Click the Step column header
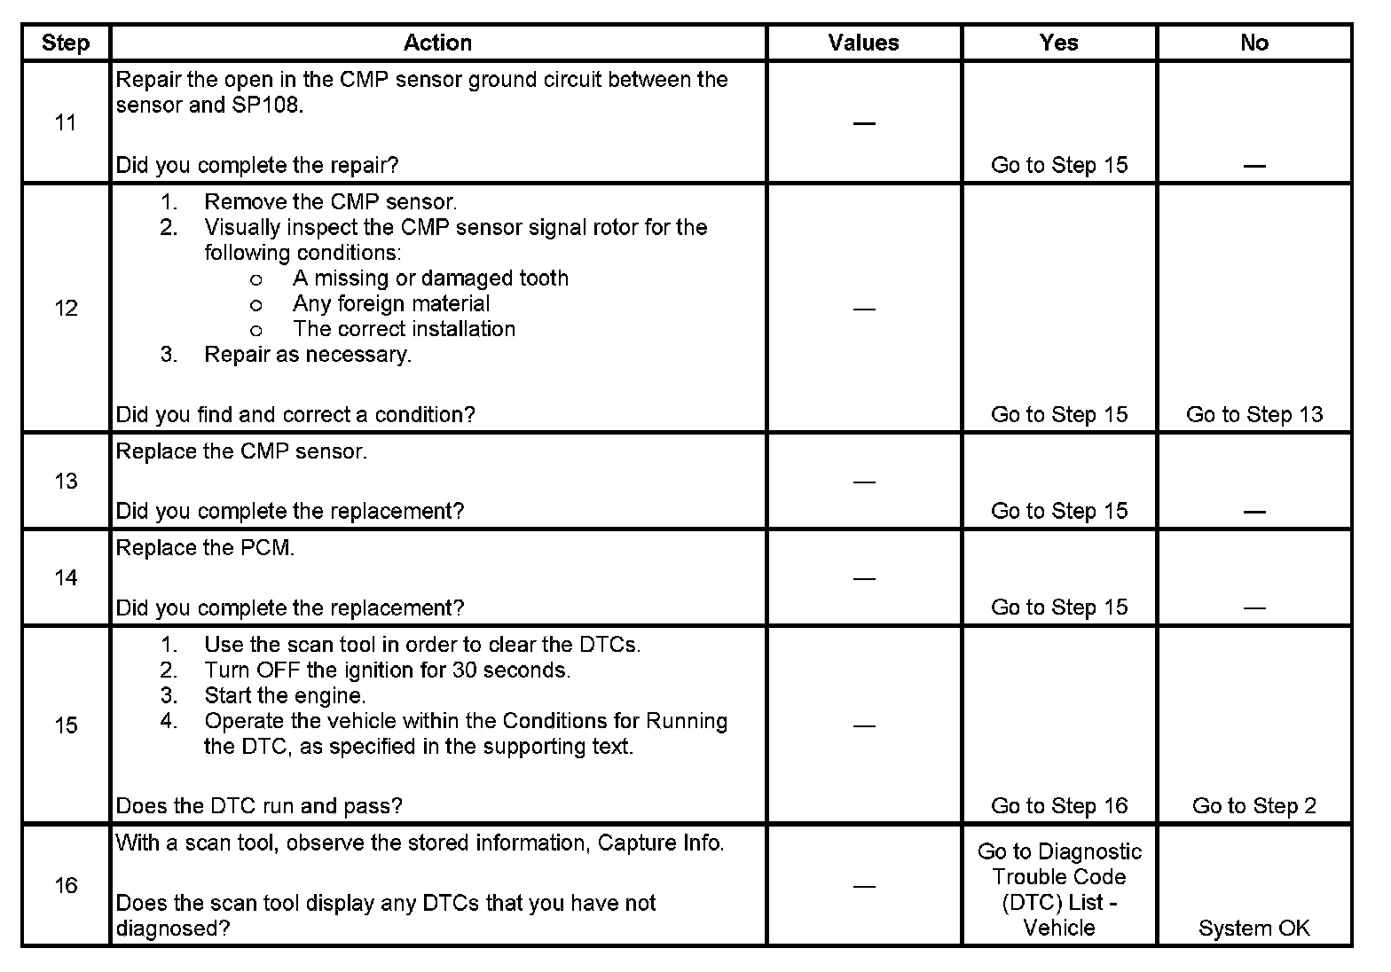tap(66, 43)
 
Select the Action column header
tap(437, 43)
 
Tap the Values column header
tap(863, 43)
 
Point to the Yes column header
tap(1058, 43)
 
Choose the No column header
tap(1253, 43)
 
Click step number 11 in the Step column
tap(66, 122)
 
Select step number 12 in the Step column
tap(66, 308)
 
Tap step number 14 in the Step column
tap(66, 577)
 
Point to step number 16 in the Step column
tap(66, 885)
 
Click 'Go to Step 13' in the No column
tap(1253, 414)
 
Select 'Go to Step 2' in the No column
tap(1253, 805)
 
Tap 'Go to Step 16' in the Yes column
tap(1058, 805)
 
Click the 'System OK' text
tap(1253, 928)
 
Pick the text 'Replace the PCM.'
tap(205, 548)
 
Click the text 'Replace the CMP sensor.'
tap(241, 451)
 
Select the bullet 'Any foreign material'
tap(391, 303)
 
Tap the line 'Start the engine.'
tap(285, 695)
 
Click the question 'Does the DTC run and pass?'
tap(259, 805)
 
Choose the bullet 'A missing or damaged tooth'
tap(430, 278)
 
